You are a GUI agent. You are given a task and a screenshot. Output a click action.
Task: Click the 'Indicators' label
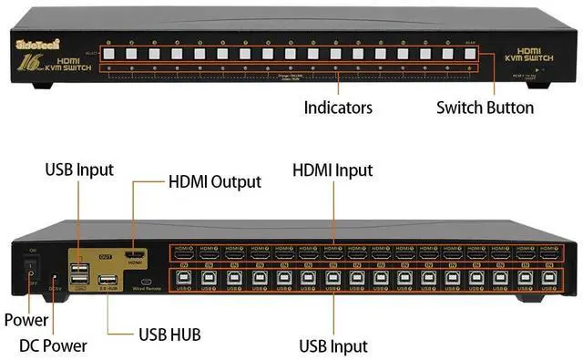tap(338, 108)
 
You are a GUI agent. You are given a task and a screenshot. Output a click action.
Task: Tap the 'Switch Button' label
tap(484, 108)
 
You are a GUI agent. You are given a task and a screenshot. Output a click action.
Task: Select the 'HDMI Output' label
tap(214, 182)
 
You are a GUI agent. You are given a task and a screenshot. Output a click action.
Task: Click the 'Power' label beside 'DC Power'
tap(26, 321)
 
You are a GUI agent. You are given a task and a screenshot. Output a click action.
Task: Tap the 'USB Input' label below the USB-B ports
tap(334, 345)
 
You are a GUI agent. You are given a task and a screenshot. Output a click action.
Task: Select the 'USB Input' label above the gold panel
tap(78, 170)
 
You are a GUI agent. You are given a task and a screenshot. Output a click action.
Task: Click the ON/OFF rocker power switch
tap(30, 267)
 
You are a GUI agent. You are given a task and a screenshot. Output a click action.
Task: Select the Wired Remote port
tap(146, 281)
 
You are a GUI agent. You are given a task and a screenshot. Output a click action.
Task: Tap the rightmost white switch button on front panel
tap(471, 54)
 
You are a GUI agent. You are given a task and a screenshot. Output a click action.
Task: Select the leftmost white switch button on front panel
tap(107, 54)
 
